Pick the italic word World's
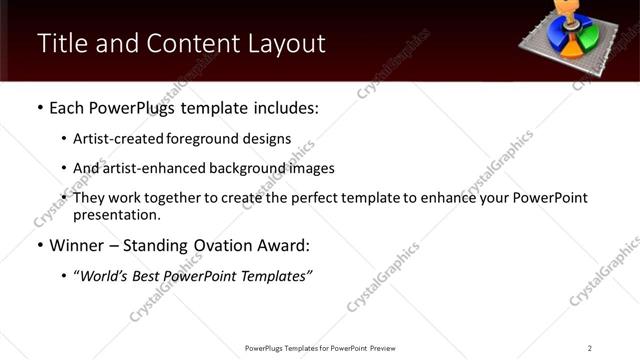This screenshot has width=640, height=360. coord(104,275)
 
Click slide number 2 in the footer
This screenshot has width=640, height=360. coord(590,347)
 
